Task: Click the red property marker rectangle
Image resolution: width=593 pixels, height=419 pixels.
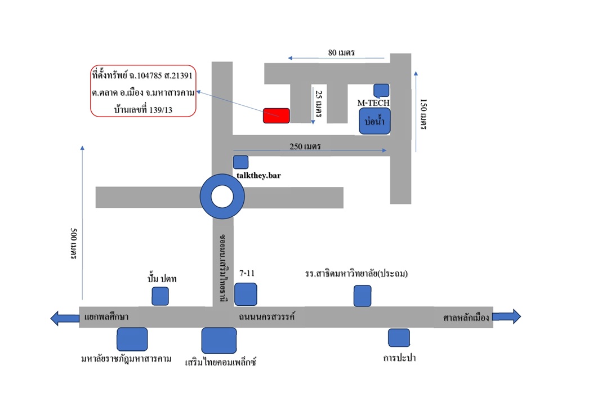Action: (x=277, y=115)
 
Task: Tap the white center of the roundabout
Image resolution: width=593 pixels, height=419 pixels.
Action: (x=222, y=197)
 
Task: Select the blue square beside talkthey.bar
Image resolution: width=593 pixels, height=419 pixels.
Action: (x=240, y=162)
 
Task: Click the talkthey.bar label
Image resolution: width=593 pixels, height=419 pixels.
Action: (x=258, y=176)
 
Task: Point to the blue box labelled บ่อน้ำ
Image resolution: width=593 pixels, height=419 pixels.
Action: (x=374, y=121)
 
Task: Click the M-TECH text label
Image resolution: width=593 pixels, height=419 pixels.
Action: (x=373, y=103)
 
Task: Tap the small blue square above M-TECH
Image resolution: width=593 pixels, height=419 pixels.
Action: (x=381, y=90)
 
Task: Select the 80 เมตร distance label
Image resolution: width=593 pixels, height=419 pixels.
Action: (x=341, y=52)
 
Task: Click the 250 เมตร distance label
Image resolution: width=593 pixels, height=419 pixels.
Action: (x=305, y=146)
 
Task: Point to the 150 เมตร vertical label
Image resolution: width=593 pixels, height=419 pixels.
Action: (x=423, y=114)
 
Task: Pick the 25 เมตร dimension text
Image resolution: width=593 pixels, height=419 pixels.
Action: (x=319, y=104)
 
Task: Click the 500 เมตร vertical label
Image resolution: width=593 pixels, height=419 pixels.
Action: (x=74, y=243)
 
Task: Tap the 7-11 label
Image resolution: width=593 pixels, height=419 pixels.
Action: (x=247, y=273)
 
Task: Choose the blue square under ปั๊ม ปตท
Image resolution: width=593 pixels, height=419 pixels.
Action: (x=160, y=296)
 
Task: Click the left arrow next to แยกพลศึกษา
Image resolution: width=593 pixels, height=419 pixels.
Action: (x=65, y=318)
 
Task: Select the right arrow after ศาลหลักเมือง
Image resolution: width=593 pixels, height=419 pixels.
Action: (x=506, y=316)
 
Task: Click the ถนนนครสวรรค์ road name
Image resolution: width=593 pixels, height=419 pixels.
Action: (x=266, y=317)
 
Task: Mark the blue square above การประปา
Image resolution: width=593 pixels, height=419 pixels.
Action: (x=399, y=338)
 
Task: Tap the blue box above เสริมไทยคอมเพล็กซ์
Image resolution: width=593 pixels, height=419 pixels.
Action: (x=219, y=340)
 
